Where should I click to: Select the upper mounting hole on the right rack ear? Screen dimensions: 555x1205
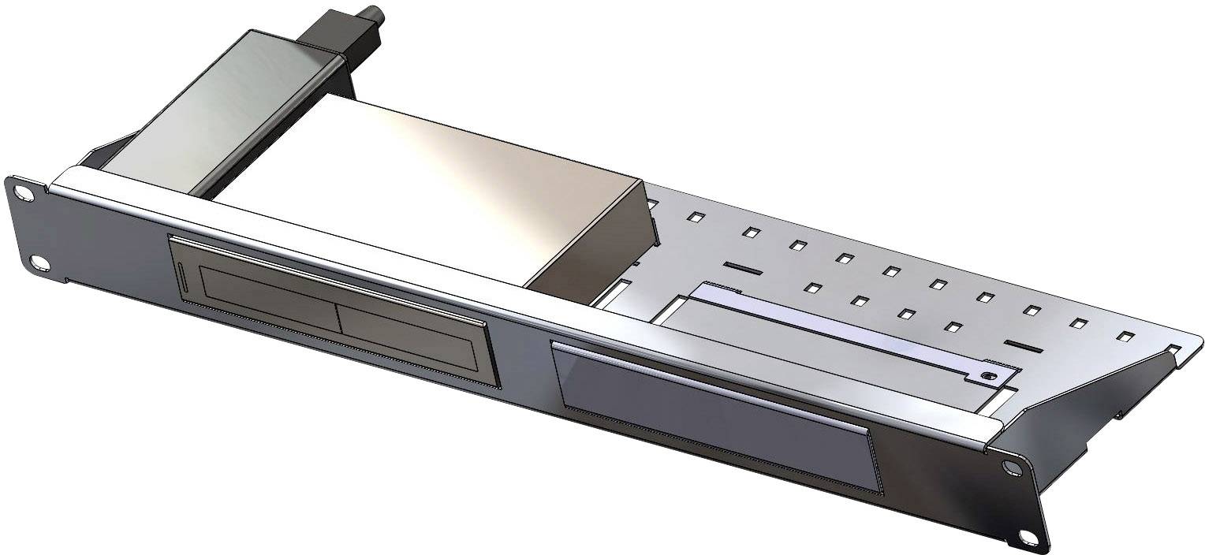[x=1010, y=467]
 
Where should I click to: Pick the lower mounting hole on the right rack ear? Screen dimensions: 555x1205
[x=1027, y=537]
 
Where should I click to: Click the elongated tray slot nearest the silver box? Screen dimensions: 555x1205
[x=743, y=270]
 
